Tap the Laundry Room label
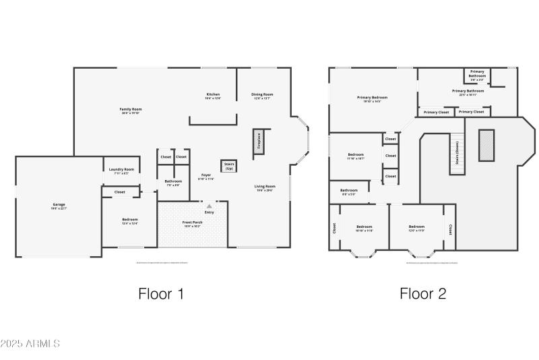coord(121,171)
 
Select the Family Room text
coord(131,111)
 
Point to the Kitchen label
coord(213,95)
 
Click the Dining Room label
coord(262,95)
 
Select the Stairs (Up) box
coord(228,165)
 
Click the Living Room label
coord(265,187)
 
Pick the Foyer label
coord(206,177)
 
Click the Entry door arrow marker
coord(209,206)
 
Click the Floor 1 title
coord(161,293)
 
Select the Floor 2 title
coord(422,293)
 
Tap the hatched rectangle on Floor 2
coord(486,145)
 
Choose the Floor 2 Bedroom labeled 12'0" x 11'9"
coord(416,228)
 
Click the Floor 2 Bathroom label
coord(349,191)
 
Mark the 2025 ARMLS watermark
coord(31,344)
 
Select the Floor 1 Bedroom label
coord(130,220)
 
